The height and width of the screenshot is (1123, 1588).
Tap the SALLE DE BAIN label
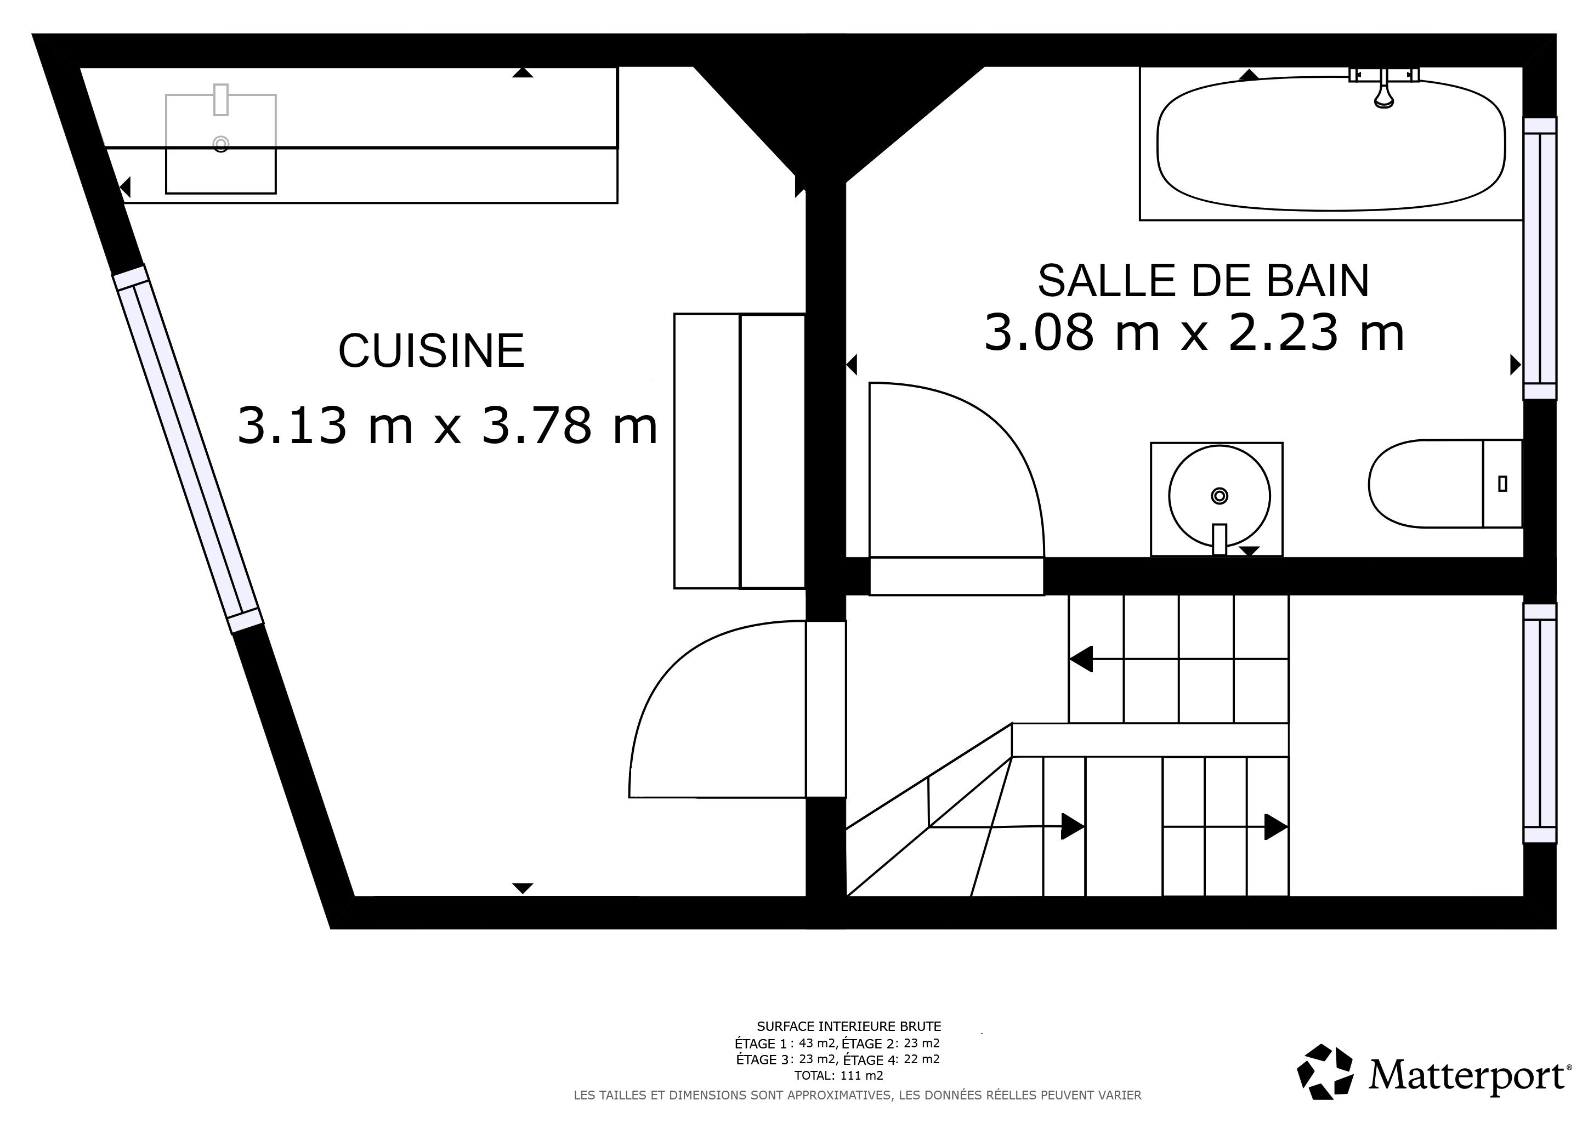pyautogui.click(x=1204, y=281)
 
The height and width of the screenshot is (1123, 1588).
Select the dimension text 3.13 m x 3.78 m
pyautogui.click(x=447, y=426)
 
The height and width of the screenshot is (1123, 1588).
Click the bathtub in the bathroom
pyautogui.click(x=1331, y=144)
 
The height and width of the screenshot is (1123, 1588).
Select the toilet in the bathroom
pyautogui.click(x=1445, y=483)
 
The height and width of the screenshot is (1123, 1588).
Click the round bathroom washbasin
pyautogui.click(x=1220, y=496)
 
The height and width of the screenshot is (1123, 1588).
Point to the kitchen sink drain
pyautogui.click(x=220, y=144)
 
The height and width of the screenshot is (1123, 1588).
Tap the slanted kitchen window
pyautogui.click(x=188, y=449)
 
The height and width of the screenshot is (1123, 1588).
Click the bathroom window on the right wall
pyautogui.click(x=1540, y=258)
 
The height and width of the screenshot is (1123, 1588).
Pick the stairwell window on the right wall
pyautogui.click(x=1540, y=723)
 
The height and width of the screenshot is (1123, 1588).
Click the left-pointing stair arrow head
pyautogui.click(x=1080, y=659)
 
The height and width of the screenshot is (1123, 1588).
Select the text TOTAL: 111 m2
pyautogui.click(x=839, y=1075)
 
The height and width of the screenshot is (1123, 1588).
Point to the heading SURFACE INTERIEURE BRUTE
pyautogui.click(x=849, y=1026)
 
